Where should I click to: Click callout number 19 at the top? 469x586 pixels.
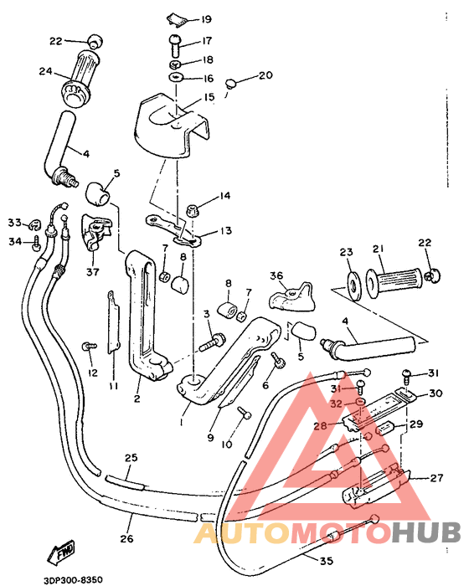pos(205,18)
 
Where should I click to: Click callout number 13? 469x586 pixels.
pos(225,230)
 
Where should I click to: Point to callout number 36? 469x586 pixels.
pos(276,275)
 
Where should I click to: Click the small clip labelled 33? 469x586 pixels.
pos(36,224)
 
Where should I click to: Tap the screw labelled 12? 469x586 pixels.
pos(87,345)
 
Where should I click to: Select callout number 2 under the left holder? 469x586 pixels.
pos(136,399)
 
